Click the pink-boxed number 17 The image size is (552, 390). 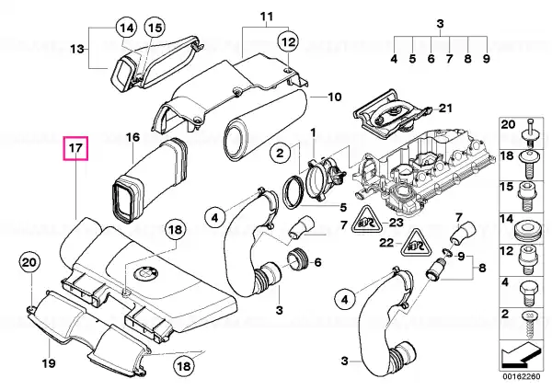pos(75,146)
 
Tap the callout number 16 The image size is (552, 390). pos(132,139)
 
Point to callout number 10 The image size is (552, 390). pos(333,96)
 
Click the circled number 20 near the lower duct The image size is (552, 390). pos(29,263)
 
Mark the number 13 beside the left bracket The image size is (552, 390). pos(78,49)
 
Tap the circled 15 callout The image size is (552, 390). pos(153,29)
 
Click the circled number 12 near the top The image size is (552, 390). pos(288,41)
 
